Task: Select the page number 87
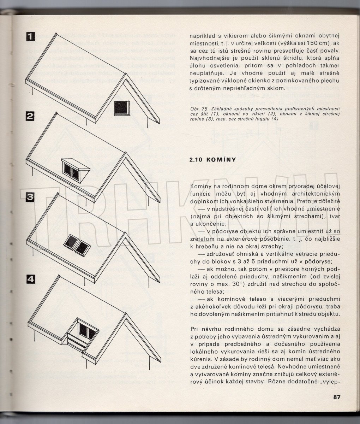click(336, 397)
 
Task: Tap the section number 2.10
click(197, 160)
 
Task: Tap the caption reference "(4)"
click(275, 119)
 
